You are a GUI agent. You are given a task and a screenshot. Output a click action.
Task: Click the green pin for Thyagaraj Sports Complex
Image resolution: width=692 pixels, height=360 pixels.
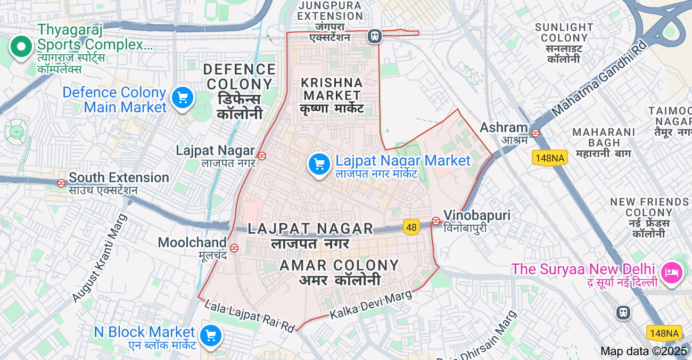click(x=21, y=47)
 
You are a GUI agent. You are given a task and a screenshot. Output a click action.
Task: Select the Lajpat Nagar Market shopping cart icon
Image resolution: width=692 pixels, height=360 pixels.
click(x=319, y=164)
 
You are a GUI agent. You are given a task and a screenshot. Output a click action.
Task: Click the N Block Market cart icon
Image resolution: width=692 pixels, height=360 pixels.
click(x=211, y=336)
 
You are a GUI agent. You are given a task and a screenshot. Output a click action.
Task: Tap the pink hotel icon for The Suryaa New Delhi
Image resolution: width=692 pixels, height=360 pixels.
click(x=671, y=273)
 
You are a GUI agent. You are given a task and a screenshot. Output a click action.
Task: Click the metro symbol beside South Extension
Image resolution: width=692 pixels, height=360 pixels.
click(x=61, y=183)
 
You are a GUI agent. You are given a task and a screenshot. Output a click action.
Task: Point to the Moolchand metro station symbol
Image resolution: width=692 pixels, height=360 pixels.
click(x=234, y=248)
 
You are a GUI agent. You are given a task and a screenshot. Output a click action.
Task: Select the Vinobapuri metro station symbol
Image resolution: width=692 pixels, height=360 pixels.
click(x=436, y=220)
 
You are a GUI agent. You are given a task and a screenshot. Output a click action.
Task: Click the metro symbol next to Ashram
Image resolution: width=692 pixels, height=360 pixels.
click(x=536, y=133)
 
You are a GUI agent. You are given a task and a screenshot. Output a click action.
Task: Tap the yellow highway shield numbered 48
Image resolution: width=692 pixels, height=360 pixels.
click(x=411, y=227)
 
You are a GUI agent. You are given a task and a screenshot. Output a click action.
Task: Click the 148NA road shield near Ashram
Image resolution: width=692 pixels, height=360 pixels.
click(x=550, y=158)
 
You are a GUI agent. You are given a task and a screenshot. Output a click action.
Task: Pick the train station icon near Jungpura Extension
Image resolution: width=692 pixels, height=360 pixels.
click(x=375, y=36)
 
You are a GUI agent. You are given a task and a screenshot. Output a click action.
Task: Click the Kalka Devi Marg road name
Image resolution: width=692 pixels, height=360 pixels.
click(x=370, y=305)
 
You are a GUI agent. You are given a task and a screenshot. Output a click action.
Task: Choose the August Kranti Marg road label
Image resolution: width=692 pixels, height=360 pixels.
click(x=100, y=258)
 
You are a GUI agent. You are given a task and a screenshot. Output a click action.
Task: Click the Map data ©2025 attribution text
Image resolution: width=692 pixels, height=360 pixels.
click(x=644, y=351)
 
